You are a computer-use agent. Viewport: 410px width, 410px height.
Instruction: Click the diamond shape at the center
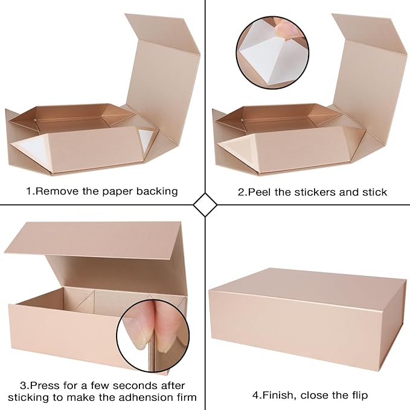(x=205, y=205)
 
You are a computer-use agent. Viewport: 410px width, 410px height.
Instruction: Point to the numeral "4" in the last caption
(x=255, y=396)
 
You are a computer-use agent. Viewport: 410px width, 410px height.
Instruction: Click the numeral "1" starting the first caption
(x=28, y=191)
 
